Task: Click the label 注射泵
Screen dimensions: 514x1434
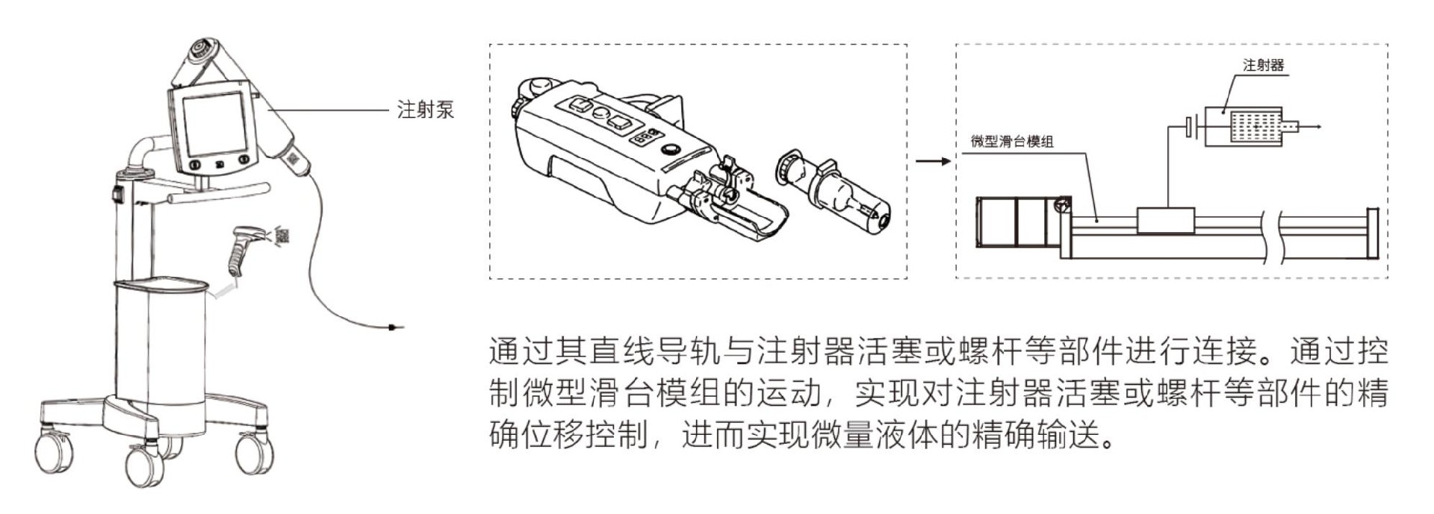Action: (x=425, y=110)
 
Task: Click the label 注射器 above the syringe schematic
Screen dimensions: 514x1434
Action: (x=1263, y=66)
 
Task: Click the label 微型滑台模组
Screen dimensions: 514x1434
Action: (x=1012, y=141)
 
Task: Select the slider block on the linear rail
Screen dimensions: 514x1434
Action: (x=1165, y=221)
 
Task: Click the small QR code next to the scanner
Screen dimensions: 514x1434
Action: (x=282, y=236)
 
